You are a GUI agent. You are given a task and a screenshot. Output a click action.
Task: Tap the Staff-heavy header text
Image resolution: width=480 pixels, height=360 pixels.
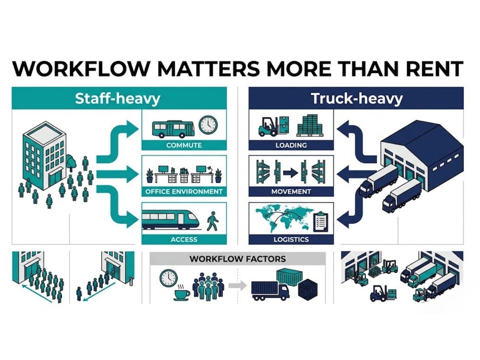(x=117, y=98)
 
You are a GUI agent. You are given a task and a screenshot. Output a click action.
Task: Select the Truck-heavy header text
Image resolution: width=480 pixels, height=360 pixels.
(x=356, y=98)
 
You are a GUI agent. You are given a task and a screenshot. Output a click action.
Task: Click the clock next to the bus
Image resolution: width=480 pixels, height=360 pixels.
(x=207, y=125)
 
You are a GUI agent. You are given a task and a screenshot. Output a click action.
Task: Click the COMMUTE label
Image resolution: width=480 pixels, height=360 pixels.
(x=184, y=145)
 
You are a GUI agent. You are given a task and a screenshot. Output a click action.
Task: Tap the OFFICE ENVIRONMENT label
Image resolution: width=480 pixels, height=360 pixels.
(x=184, y=191)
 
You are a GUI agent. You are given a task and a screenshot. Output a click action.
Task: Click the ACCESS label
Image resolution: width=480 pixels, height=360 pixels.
(x=184, y=239)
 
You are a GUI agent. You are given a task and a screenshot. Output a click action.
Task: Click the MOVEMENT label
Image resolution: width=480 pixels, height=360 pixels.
(x=291, y=191)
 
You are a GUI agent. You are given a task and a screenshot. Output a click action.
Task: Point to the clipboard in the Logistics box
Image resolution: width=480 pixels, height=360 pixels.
(x=320, y=221)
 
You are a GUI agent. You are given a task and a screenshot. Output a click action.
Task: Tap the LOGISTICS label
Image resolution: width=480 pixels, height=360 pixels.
(x=291, y=239)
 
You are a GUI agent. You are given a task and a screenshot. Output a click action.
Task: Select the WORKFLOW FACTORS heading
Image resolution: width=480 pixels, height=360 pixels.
(x=238, y=259)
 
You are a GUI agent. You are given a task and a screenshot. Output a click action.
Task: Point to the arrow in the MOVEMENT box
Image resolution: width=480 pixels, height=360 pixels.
(x=290, y=174)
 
